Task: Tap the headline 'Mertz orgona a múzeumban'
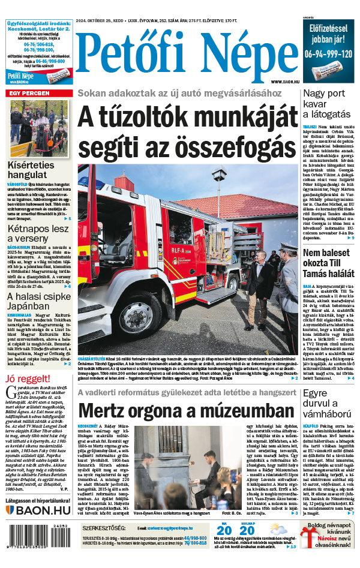[x=187, y=411]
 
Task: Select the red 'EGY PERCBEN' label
[x=28, y=94]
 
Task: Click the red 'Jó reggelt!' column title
[x=28, y=378]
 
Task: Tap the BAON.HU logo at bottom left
[x=38, y=510]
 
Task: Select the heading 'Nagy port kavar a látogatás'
[x=326, y=103]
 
